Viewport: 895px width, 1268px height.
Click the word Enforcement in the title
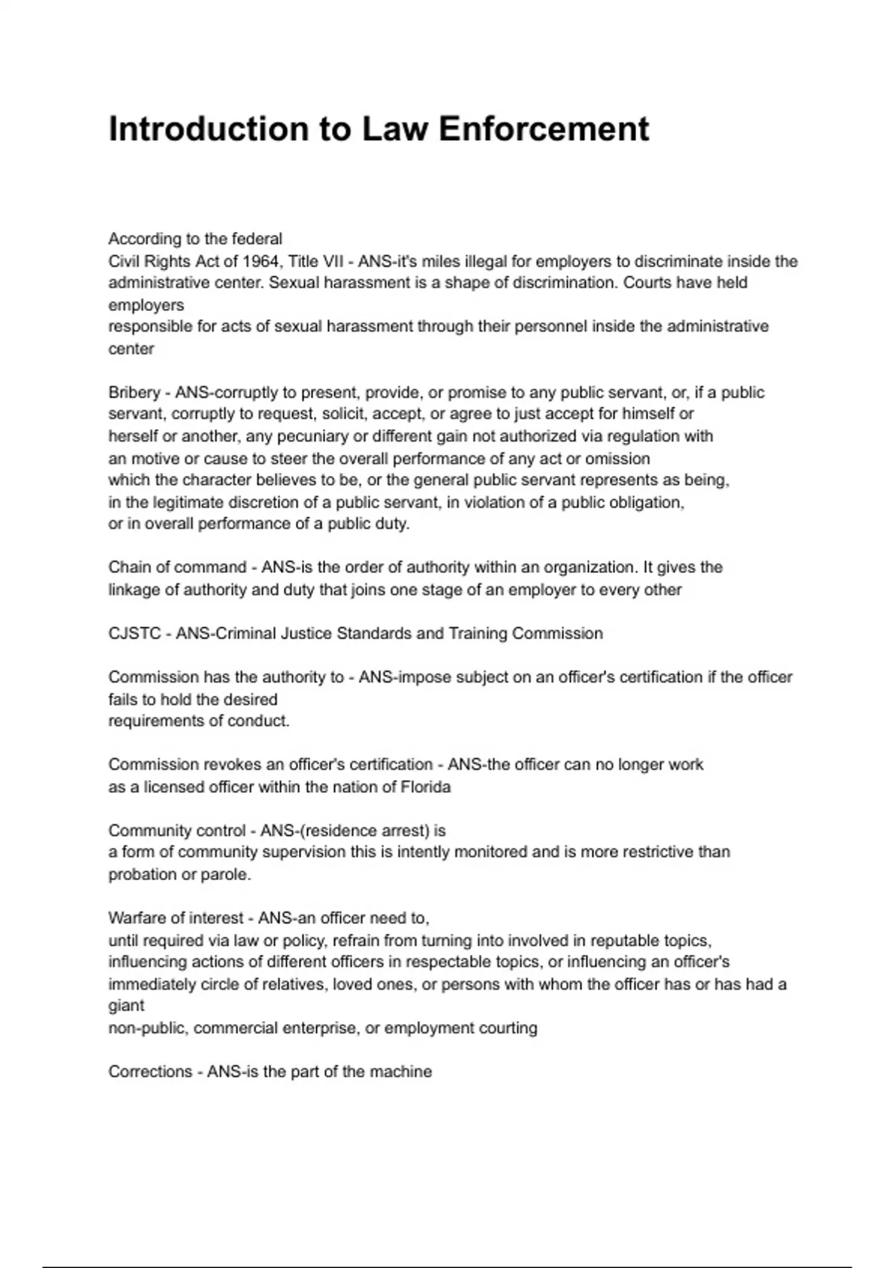click(544, 129)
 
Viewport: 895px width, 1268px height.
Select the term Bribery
click(134, 392)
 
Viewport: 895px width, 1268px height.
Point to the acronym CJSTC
click(134, 633)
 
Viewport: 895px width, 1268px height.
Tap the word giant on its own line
click(126, 1005)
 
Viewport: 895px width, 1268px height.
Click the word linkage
click(134, 590)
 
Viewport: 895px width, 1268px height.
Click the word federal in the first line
click(257, 239)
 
